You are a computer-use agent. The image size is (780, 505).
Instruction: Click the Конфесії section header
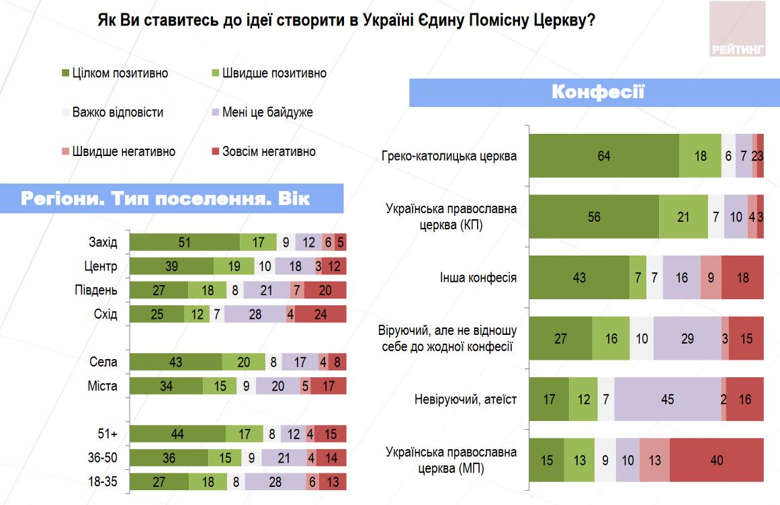pyautogui.click(x=597, y=92)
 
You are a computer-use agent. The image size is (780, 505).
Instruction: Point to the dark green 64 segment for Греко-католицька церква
pyautogui.click(x=604, y=156)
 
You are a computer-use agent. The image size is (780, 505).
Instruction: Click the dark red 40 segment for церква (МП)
pyautogui.click(x=716, y=460)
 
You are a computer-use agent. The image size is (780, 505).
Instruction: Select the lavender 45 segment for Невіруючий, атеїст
pyautogui.click(x=667, y=399)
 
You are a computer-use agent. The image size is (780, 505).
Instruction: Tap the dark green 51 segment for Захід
pyautogui.click(x=185, y=243)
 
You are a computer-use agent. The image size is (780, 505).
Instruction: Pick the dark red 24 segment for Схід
pyautogui.click(x=320, y=314)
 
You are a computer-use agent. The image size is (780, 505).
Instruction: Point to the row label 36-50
pyautogui.click(x=103, y=457)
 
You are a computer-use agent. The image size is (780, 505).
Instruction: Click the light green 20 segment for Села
pyautogui.click(x=243, y=362)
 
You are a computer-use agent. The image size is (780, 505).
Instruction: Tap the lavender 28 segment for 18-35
pyautogui.click(x=274, y=482)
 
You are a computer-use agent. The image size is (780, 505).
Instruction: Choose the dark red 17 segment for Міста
pyautogui.click(x=328, y=386)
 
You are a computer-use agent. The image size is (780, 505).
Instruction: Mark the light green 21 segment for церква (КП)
pyautogui.click(x=683, y=217)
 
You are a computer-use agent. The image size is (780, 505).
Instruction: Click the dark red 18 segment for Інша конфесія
pyautogui.click(x=742, y=277)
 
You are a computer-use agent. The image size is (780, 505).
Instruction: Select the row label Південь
pyautogui.click(x=96, y=290)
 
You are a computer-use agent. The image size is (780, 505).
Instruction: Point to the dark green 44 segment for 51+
pyautogui.click(x=177, y=434)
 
